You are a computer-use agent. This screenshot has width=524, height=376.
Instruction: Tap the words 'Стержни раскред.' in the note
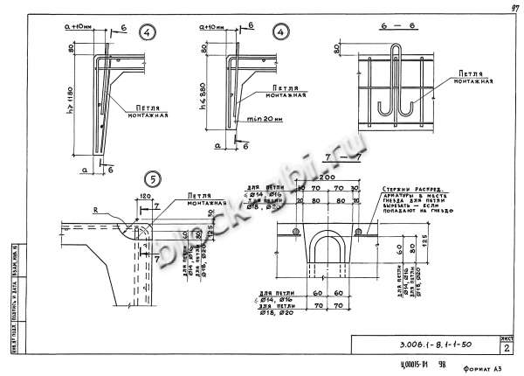pos(410,188)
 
